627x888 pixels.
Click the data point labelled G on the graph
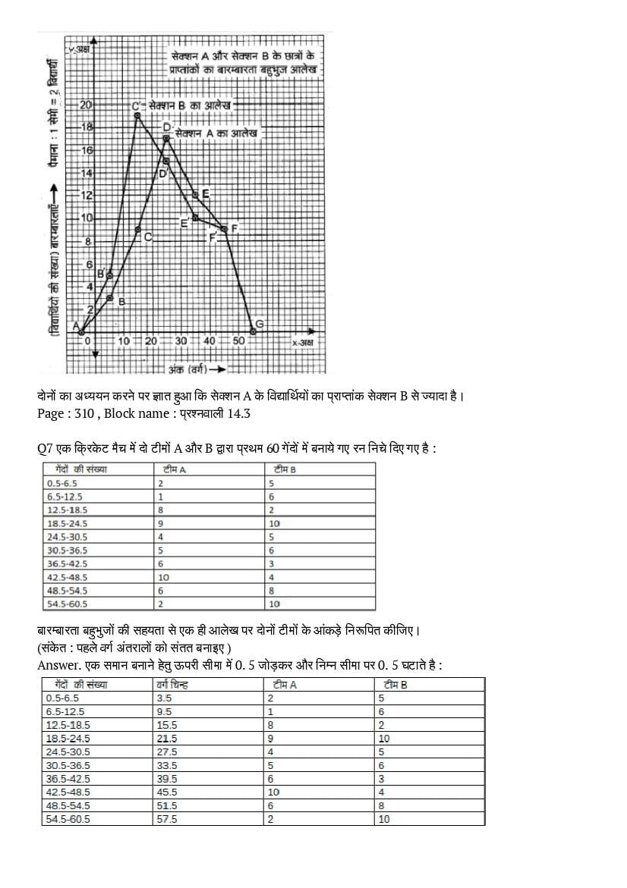[253, 331]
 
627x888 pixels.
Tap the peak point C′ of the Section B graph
[137, 115]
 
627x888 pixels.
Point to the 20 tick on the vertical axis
[86, 105]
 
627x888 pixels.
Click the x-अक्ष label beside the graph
[303, 343]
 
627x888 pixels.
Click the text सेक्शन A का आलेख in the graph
[216, 133]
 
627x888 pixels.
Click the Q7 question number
[45, 448]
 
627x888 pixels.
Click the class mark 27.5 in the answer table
[166, 752]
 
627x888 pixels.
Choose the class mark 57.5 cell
[166, 819]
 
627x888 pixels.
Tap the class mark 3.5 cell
[163, 698]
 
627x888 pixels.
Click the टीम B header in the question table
[285, 469]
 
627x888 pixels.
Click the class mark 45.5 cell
[166, 792]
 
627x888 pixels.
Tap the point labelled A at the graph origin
[81, 331]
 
